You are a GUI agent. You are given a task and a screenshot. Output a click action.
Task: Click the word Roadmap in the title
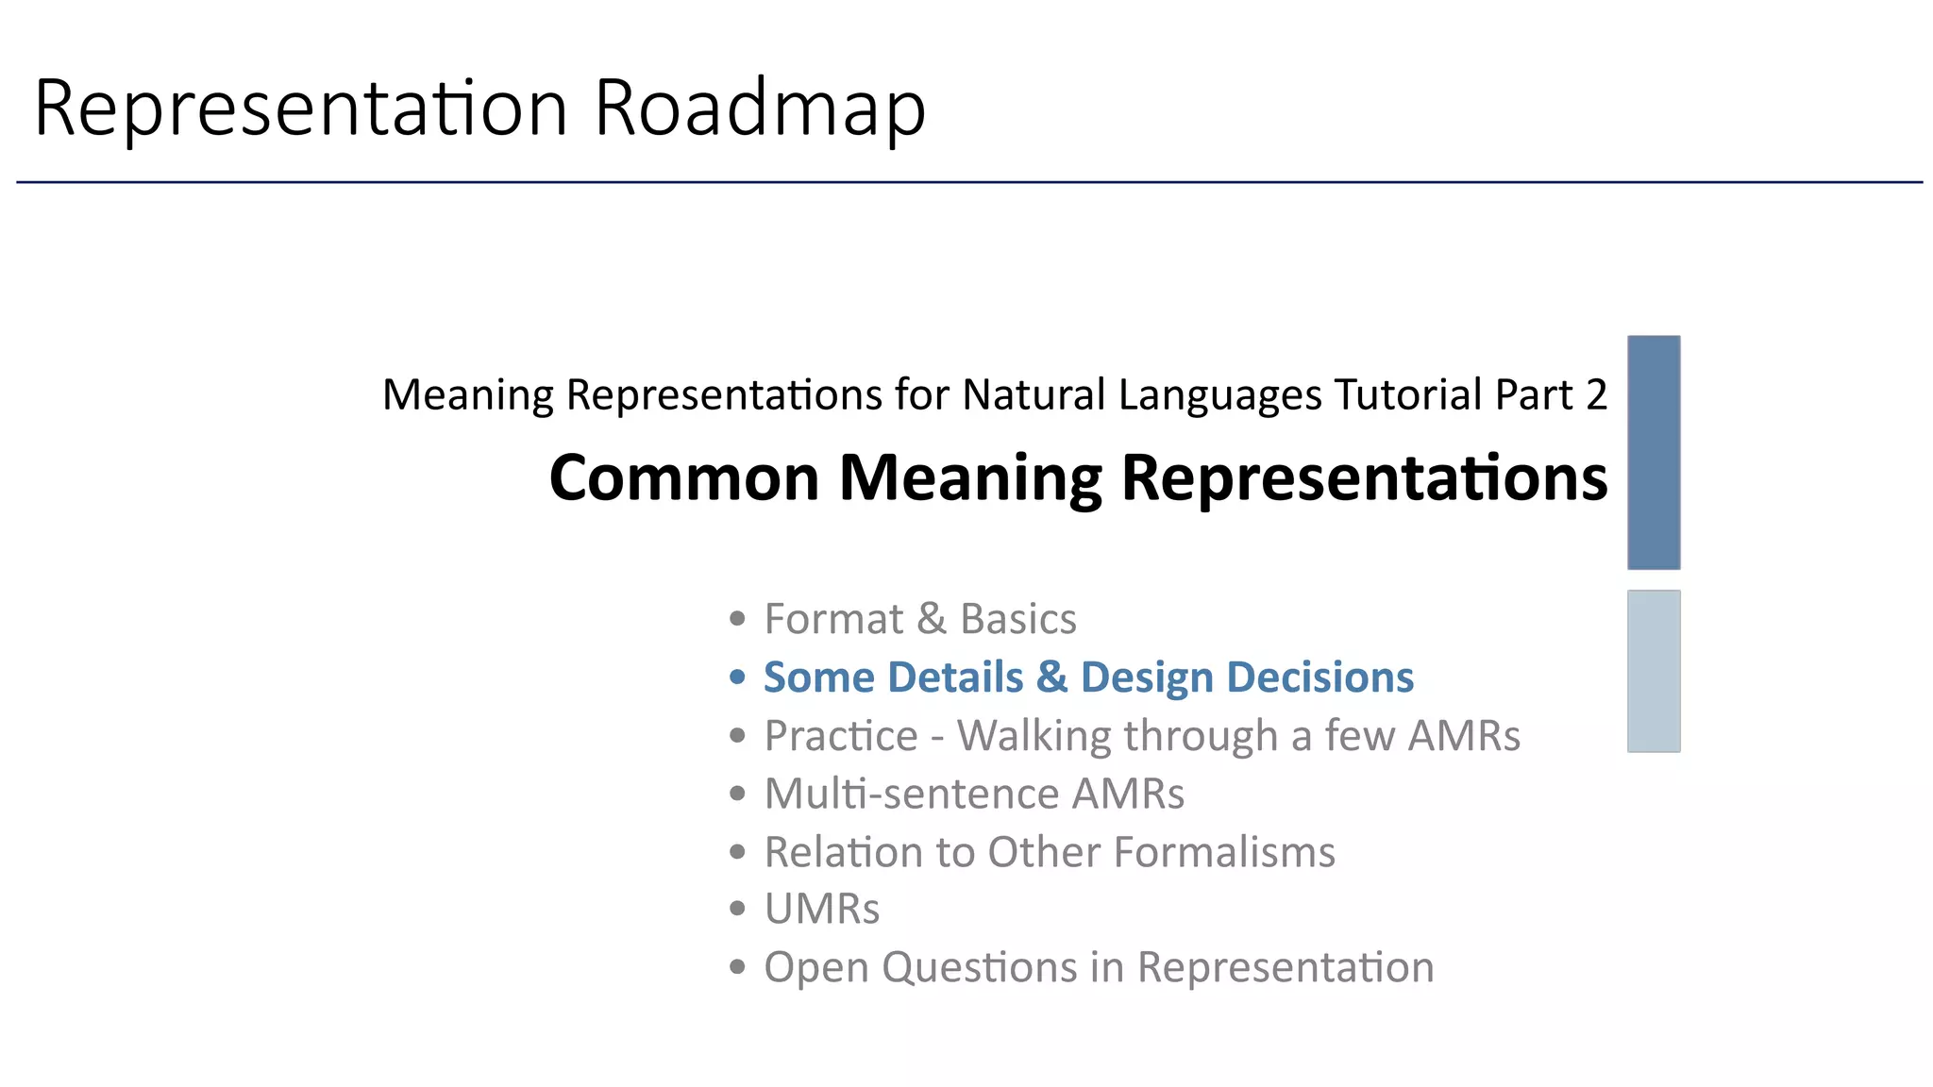click(760, 108)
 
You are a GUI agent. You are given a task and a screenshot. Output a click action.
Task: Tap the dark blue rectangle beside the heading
click(1653, 452)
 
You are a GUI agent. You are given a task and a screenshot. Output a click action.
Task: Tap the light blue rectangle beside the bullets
click(1653, 671)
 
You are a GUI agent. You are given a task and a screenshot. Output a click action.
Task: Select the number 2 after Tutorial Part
click(1596, 394)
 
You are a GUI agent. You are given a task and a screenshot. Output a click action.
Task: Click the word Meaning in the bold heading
click(970, 479)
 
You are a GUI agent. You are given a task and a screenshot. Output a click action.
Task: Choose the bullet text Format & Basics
click(919, 619)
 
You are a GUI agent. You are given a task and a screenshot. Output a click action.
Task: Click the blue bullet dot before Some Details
click(738, 677)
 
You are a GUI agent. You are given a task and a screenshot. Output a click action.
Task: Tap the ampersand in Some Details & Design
click(1051, 677)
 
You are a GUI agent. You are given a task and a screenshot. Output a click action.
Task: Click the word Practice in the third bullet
click(840, 736)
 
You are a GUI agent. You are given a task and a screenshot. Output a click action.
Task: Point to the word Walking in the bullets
click(1034, 736)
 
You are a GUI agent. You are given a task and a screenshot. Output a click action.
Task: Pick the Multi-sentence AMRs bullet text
click(973, 794)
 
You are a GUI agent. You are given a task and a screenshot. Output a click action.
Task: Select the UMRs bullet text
click(821, 910)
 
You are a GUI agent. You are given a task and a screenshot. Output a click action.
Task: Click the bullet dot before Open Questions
click(738, 966)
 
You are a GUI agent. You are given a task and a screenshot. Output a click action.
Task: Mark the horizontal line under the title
click(968, 182)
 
